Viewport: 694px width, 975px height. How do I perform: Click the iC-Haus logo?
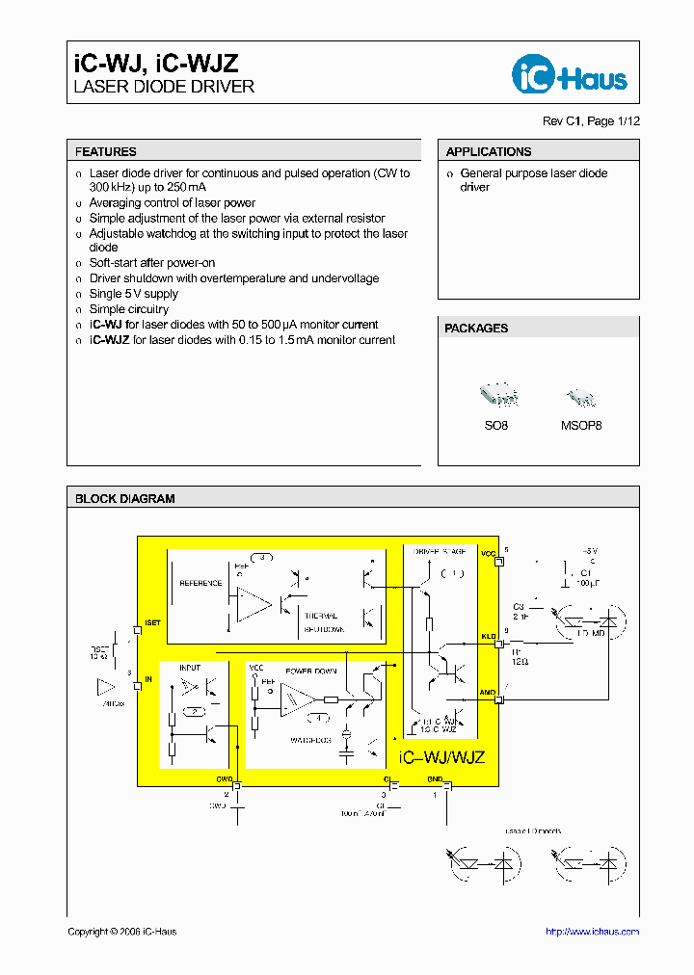(x=568, y=75)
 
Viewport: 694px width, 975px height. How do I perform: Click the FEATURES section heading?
(x=106, y=151)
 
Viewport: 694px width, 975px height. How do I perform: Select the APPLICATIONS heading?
(x=489, y=151)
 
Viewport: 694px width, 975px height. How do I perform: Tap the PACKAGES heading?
(x=476, y=329)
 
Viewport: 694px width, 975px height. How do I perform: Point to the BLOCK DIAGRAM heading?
(x=125, y=499)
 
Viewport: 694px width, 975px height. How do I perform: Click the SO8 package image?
(x=497, y=395)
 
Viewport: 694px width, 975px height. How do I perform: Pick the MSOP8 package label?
(x=580, y=425)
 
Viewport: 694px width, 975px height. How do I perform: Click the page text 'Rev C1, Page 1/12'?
(x=591, y=121)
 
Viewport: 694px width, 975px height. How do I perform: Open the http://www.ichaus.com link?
(x=592, y=932)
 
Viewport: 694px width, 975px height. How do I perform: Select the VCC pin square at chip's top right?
(x=497, y=562)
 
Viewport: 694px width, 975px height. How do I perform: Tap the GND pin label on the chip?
(x=435, y=778)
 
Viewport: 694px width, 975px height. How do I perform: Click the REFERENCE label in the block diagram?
(x=200, y=583)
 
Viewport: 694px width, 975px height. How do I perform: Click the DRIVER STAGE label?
(x=439, y=551)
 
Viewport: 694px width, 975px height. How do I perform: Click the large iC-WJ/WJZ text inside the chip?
(x=441, y=757)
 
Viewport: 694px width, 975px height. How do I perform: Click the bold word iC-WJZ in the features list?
(x=109, y=340)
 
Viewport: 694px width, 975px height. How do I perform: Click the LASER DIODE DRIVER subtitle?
(x=164, y=87)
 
